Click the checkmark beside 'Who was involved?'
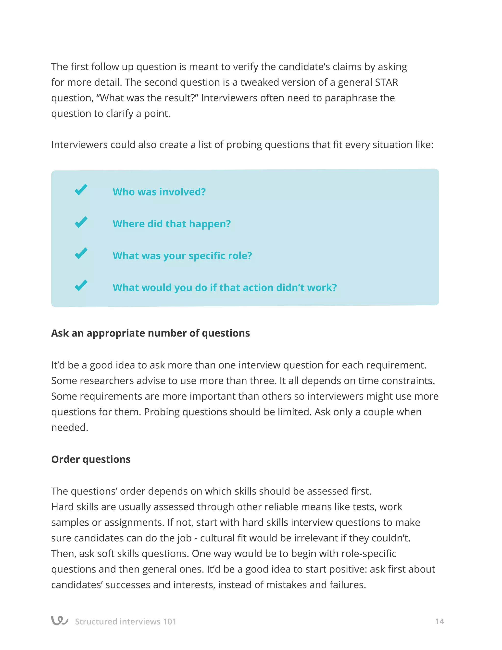click(81, 190)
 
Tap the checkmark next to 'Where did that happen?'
click(81, 222)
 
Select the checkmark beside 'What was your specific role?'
click(81, 253)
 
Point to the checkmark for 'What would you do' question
click(81, 286)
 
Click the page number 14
click(439, 621)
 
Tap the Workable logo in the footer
click(60, 621)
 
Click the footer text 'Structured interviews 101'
click(125, 622)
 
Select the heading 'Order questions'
click(91, 459)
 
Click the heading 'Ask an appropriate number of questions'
click(150, 333)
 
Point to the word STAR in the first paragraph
click(386, 82)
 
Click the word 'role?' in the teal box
click(240, 256)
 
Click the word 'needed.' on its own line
click(70, 427)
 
